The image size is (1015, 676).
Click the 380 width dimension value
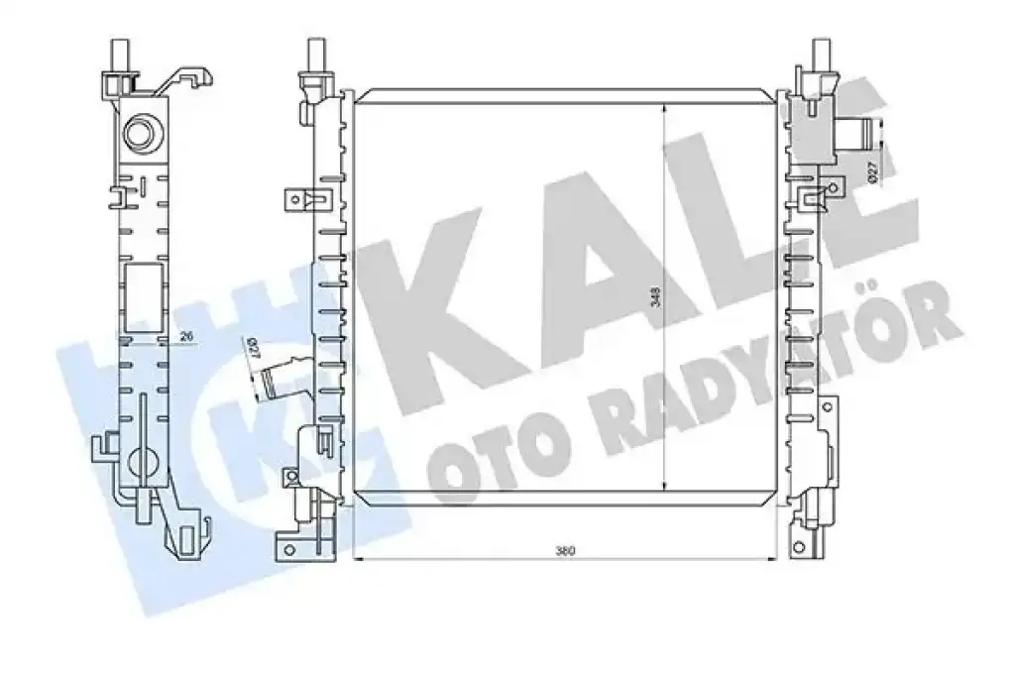pos(565,552)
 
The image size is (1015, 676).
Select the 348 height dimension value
pos(655,297)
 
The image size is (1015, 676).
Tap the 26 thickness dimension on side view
pos(186,337)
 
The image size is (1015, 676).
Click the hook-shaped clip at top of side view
pos(186,80)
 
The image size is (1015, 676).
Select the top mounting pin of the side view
pos(121,54)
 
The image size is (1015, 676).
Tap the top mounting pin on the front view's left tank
pos(315,55)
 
